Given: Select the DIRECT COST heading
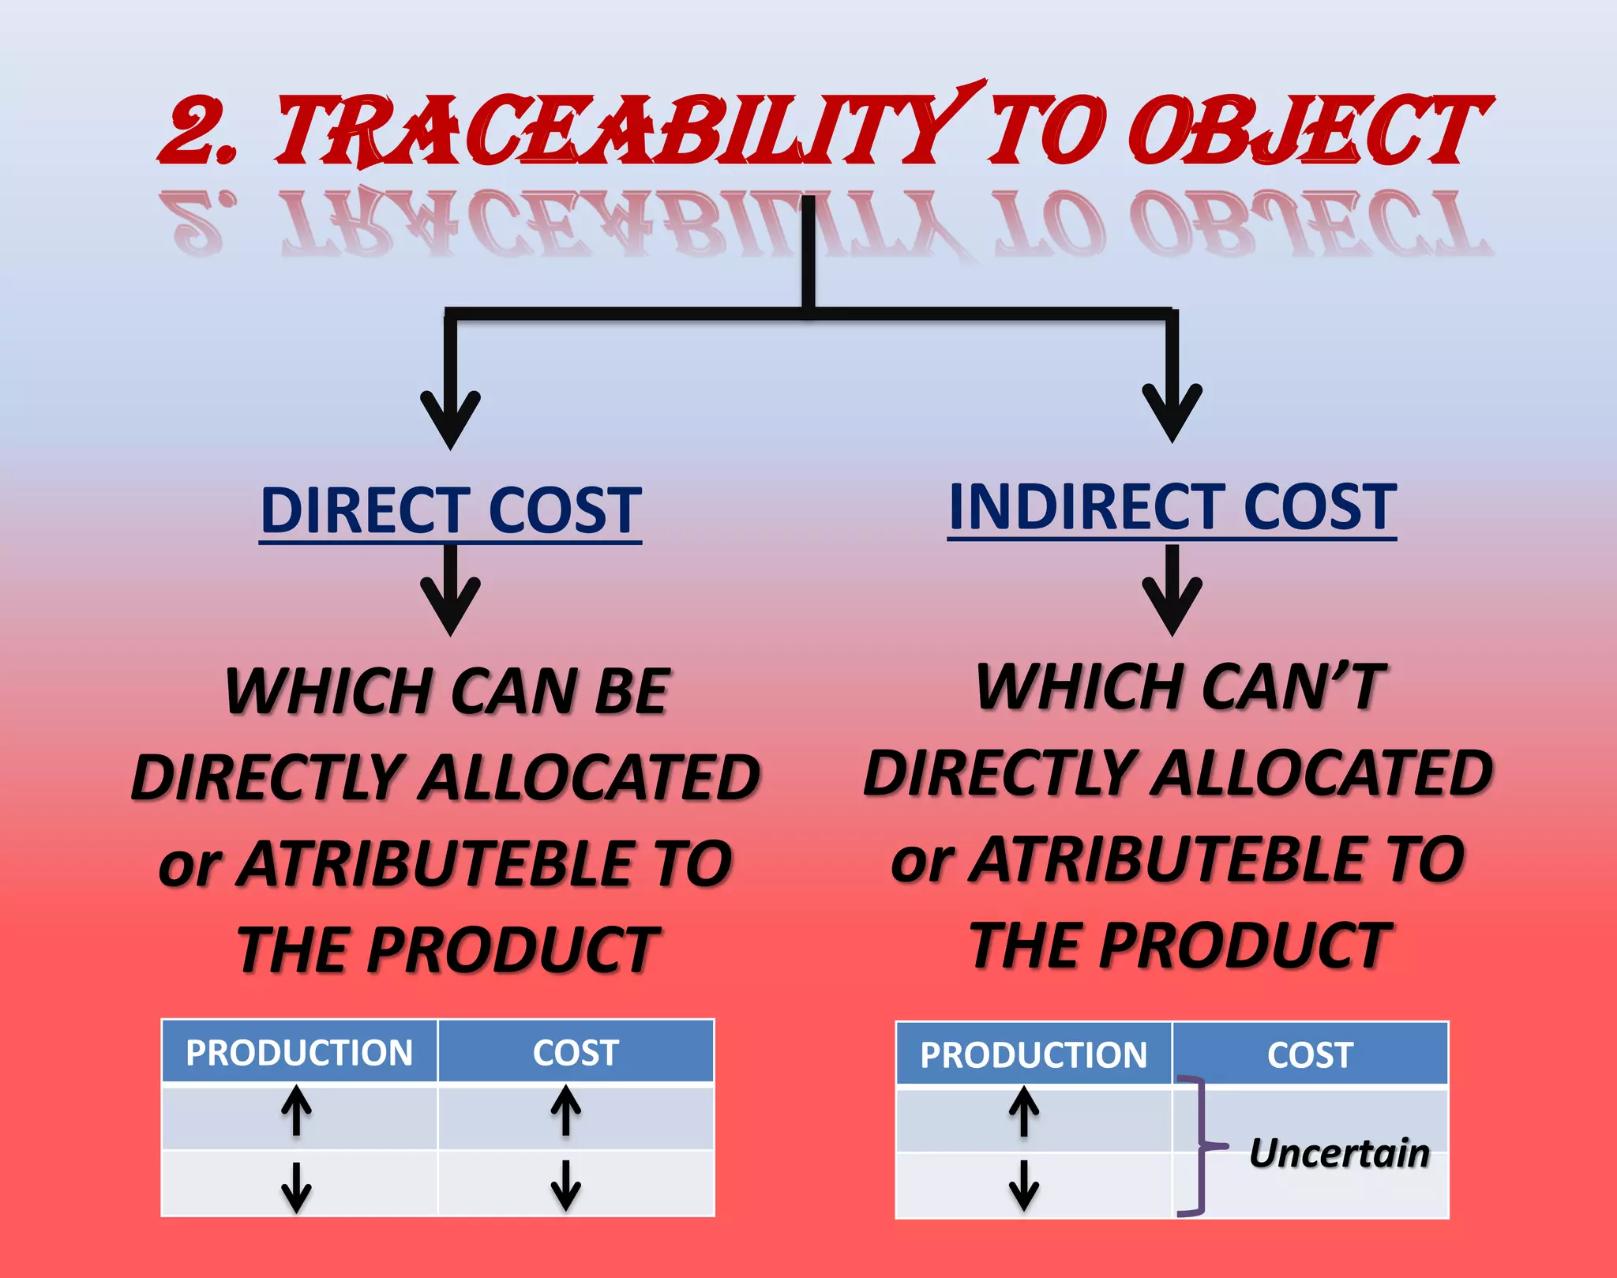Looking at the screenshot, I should [x=450, y=511].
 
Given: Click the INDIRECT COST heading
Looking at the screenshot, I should [x=1172, y=507].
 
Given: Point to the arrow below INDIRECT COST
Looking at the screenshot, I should [x=1172, y=591].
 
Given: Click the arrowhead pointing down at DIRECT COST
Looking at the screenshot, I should [x=450, y=419].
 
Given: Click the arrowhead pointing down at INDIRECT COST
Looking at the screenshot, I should [x=1172, y=412].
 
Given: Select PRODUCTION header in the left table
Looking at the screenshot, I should [x=299, y=1052].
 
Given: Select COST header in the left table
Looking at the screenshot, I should [x=576, y=1052].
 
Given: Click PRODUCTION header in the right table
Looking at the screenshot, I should [x=1034, y=1054].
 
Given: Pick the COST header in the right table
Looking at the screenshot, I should [x=1310, y=1054].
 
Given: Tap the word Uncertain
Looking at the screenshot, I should [x=1339, y=1152].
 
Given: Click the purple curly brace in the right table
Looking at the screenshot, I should [x=1199, y=1145].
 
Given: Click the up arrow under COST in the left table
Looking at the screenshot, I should [x=566, y=1111].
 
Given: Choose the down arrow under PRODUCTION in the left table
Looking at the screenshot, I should [x=296, y=1186].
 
